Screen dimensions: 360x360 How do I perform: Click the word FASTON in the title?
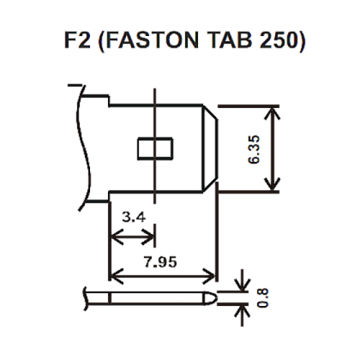(x=152, y=40)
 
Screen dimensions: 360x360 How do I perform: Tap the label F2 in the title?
(x=77, y=40)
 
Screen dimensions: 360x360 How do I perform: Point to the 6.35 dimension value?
(x=253, y=149)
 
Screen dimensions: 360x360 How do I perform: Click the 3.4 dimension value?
(x=134, y=217)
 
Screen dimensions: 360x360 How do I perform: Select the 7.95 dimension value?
(x=161, y=262)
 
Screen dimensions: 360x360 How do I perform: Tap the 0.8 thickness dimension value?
(x=263, y=297)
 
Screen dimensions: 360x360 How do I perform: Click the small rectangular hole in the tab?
(x=155, y=148)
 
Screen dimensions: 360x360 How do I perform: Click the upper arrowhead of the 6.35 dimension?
(x=272, y=112)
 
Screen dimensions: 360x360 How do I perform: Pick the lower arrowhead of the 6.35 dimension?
(x=272, y=185)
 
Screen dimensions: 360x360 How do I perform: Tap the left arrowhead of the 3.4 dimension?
(x=117, y=237)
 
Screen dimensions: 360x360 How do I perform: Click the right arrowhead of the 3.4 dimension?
(x=148, y=237)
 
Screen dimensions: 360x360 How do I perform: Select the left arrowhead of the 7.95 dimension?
(x=117, y=276)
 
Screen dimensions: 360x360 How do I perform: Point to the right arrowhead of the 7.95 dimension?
(x=209, y=276)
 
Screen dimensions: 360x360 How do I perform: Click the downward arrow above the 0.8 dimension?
(x=243, y=281)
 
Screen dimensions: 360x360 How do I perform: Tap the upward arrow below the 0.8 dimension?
(x=243, y=315)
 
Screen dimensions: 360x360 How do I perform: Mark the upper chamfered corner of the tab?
(x=210, y=112)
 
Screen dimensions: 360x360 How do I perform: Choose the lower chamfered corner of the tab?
(x=210, y=185)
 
